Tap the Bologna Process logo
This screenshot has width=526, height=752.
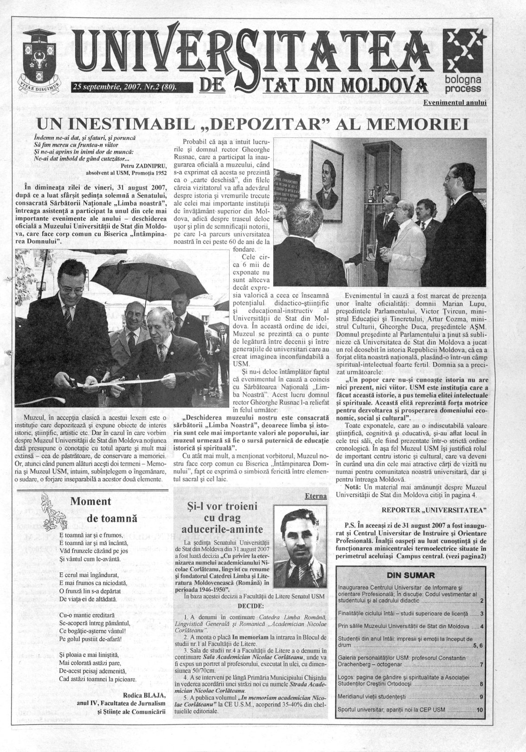click(462, 60)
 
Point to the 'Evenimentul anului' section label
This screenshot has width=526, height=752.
click(455, 103)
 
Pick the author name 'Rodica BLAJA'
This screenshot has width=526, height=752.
click(144, 694)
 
